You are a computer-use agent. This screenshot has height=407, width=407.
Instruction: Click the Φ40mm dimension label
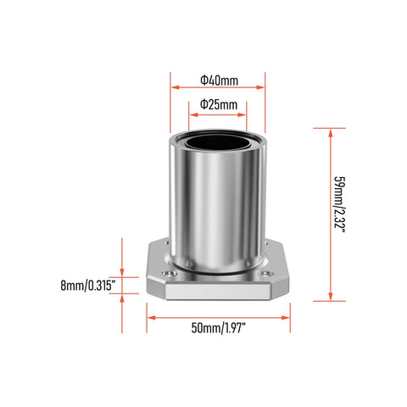(219, 80)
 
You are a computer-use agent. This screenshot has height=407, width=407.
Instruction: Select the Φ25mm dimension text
(218, 103)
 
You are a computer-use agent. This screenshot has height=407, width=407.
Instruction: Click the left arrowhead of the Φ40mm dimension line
(174, 86)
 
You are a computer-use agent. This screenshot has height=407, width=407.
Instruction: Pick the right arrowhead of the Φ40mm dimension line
(262, 86)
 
